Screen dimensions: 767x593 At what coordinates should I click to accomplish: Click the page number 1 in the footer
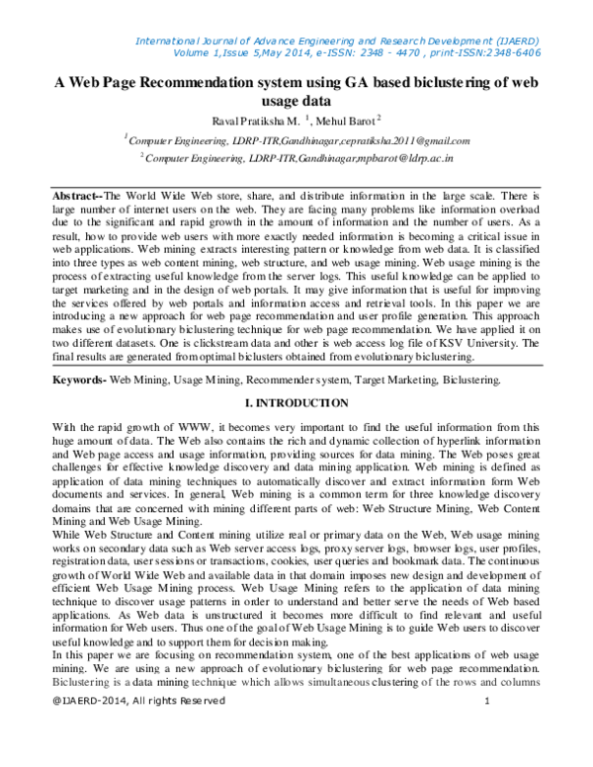488,756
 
